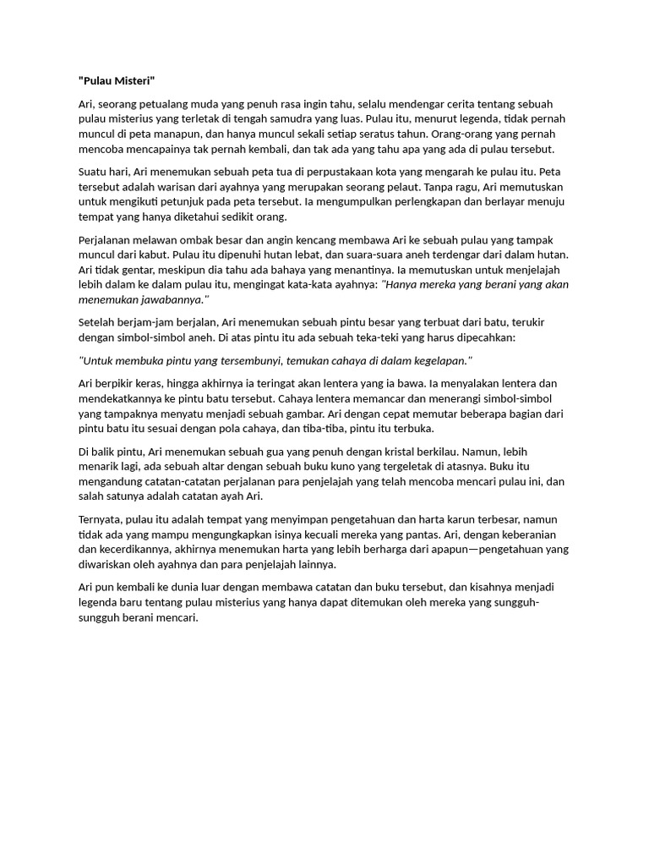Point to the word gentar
click(x=134, y=270)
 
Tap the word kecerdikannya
click(x=139, y=550)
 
